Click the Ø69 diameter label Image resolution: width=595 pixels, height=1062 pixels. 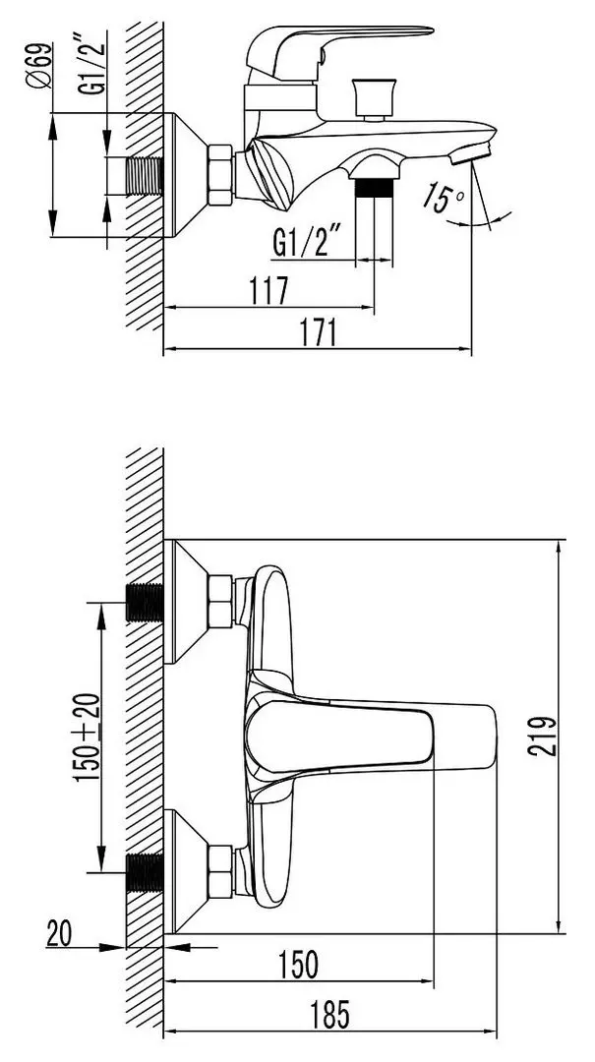click(40, 66)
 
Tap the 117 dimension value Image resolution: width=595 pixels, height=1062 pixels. click(268, 291)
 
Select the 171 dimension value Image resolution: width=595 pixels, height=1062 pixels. click(319, 333)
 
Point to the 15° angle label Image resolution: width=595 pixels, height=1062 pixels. click(444, 197)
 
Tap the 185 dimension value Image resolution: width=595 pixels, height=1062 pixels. click(330, 1015)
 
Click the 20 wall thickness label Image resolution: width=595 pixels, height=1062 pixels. click(60, 935)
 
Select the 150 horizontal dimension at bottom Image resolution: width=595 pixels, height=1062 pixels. click(297, 965)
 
